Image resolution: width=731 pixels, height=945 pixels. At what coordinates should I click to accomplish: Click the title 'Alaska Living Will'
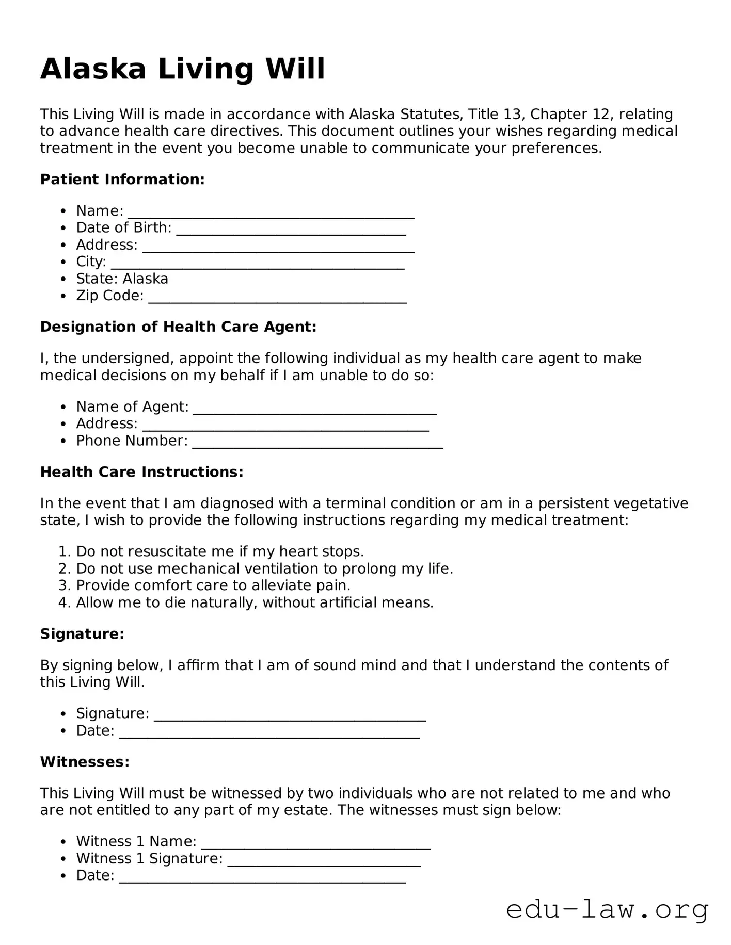(183, 69)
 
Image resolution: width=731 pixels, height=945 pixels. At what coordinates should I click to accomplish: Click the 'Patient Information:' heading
(122, 180)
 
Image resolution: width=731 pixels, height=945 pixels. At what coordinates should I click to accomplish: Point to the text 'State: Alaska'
(122, 279)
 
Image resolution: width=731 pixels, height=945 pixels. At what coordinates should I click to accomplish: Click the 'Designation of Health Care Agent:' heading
(178, 327)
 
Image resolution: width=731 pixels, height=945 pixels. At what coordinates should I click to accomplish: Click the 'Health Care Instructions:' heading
(141, 472)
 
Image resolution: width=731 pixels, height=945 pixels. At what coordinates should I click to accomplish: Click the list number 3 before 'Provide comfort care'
(63, 585)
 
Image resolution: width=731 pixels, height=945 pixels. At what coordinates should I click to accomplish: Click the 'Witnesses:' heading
(85, 762)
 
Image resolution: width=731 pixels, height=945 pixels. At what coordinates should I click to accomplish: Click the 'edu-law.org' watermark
(607, 910)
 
